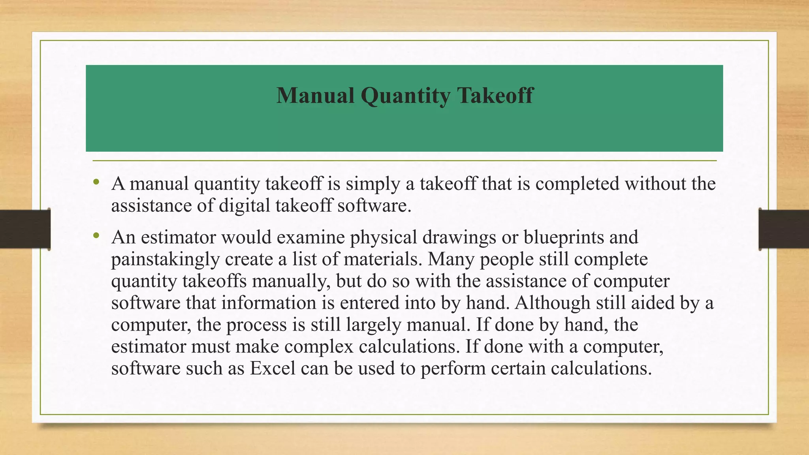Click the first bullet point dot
point(96,182)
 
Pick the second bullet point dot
point(96,236)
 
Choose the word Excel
point(273,369)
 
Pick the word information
point(269,303)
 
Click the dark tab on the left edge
point(25,229)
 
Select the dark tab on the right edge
point(784,229)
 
